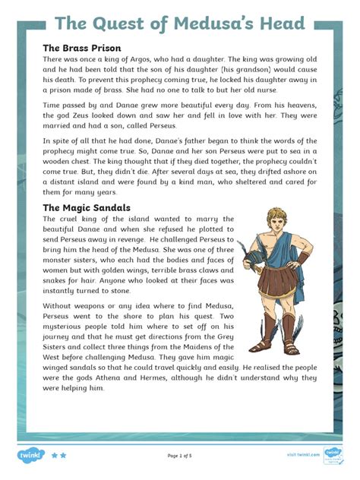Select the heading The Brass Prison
tap(81, 48)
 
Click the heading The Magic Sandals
tap(86, 207)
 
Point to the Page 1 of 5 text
tap(180, 456)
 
